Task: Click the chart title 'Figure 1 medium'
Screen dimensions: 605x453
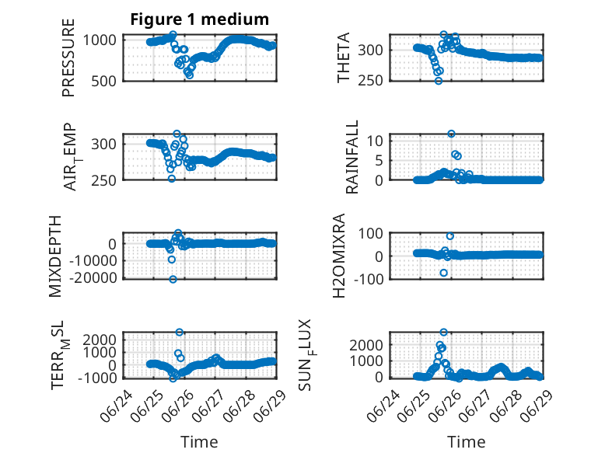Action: point(200,19)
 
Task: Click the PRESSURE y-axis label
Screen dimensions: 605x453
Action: point(68,57)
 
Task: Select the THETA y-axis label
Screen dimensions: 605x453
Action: point(343,57)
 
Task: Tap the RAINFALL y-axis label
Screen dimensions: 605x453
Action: point(352,157)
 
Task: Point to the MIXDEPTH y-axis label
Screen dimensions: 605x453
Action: point(55,256)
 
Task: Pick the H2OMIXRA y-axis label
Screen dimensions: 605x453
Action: point(338,256)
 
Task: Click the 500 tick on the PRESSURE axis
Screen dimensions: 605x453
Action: point(103,81)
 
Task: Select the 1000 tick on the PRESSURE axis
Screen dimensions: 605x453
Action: point(100,40)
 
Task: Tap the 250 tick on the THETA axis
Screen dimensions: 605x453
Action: point(370,81)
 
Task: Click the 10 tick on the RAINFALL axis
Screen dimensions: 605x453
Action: point(375,141)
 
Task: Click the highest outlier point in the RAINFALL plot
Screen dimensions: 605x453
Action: point(451,134)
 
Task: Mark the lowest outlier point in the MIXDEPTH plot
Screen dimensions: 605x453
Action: point(173,279)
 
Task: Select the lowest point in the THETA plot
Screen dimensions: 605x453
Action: point(439,81)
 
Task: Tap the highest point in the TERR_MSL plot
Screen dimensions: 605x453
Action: point(179,332)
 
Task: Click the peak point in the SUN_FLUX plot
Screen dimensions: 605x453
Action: point(444,332)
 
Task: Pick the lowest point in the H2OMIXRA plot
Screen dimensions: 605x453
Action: point(444,273)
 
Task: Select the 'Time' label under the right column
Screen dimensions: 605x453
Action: point(466,442)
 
